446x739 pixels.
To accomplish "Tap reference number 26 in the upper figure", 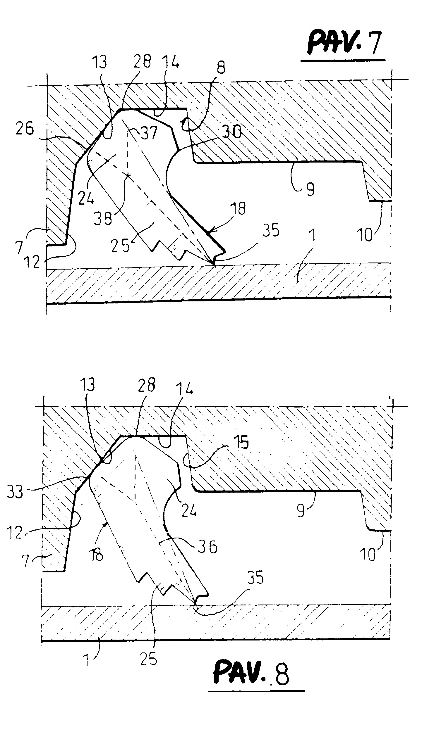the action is pyautogui.click(x=25, y=129).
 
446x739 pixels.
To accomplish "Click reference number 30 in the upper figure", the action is pyautogui.click(x=231, y=131).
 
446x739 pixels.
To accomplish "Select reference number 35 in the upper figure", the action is pyautogui.click(x=271, y=230).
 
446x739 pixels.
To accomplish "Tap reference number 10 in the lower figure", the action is pyautogui.click(x=368, y=554).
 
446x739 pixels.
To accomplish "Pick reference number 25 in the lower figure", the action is pyautogui.click(x=149, y=659).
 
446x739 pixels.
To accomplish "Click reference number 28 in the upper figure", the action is pyautogui.click(x=142, y=61).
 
